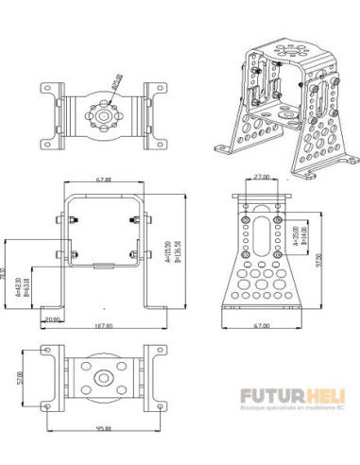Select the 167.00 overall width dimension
click(x=103, y=326)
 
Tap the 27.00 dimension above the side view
click(x=261, y=176)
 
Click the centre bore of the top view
click(x=101, y=112)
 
